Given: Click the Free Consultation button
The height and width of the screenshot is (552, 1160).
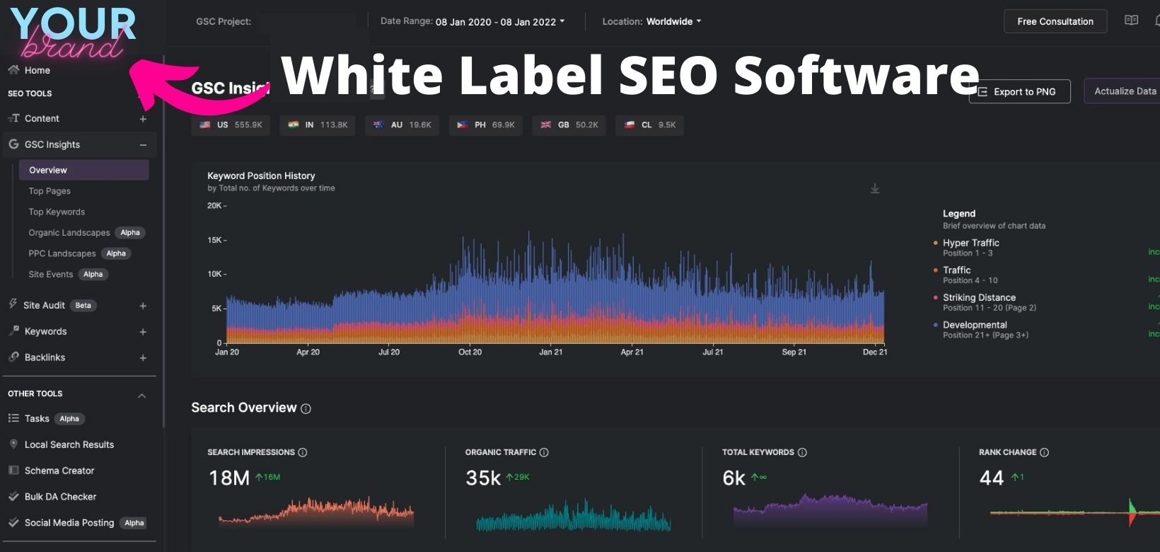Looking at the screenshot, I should (1055, 22).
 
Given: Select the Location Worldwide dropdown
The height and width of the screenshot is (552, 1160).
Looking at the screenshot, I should (651, 22).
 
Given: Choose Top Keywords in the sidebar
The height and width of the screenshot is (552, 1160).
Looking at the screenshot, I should (57, 212).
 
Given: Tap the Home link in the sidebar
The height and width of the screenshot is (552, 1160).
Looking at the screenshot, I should (37, 70).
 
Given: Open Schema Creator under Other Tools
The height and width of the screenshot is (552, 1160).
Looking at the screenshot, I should (59, 471).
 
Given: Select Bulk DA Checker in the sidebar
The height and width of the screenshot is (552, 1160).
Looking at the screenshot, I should (60, 497).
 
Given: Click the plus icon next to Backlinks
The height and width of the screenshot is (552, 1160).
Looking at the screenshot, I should (143, 358).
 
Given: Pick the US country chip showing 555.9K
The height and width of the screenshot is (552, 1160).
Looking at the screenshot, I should (231, 125).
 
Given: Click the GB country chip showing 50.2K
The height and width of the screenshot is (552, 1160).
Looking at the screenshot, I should (569, 125).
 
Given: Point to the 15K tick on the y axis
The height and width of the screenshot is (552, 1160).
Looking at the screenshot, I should (215, 240).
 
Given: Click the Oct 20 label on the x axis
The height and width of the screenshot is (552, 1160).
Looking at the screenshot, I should (470, 352).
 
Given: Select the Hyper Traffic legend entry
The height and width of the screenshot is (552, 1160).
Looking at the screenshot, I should (970, 243).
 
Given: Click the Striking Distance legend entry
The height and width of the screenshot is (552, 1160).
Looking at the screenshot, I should (979, 298).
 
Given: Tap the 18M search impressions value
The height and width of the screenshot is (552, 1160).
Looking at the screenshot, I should (228, 478).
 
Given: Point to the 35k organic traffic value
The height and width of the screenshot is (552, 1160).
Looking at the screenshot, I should (483, 478).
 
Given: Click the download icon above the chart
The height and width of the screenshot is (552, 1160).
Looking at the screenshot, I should (875, 188).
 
